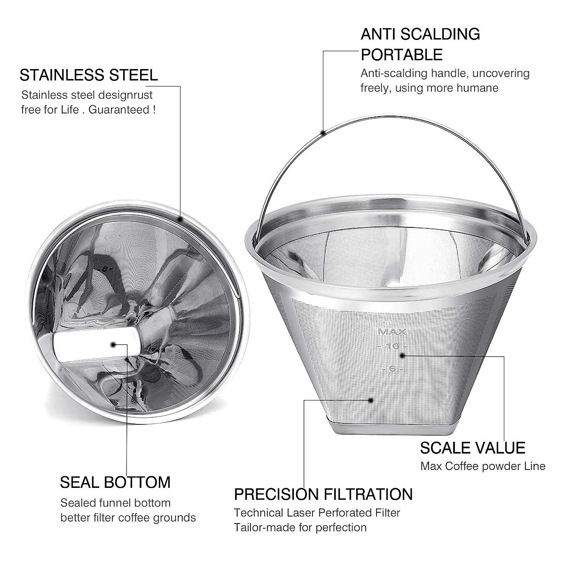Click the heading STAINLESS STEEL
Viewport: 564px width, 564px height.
[x=88, y=75]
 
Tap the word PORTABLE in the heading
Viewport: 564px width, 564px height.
[x=401, y=55]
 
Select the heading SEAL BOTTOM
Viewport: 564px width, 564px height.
[x=115, y=482]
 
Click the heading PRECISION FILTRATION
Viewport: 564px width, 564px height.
[x=323, y=494]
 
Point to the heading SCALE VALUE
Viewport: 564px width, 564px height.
[x=472, y=448]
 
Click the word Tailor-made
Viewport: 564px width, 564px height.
[x=261, y=527]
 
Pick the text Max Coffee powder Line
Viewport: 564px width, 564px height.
[x=483, y=466]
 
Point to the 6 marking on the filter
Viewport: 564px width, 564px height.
[x=392, y=369]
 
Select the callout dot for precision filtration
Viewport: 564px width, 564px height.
[x=371, y=400]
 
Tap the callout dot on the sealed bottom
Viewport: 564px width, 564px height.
[x=113, y=345]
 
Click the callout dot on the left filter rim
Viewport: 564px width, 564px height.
[x=180, y=219]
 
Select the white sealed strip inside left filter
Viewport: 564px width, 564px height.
[x=96, y=345]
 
